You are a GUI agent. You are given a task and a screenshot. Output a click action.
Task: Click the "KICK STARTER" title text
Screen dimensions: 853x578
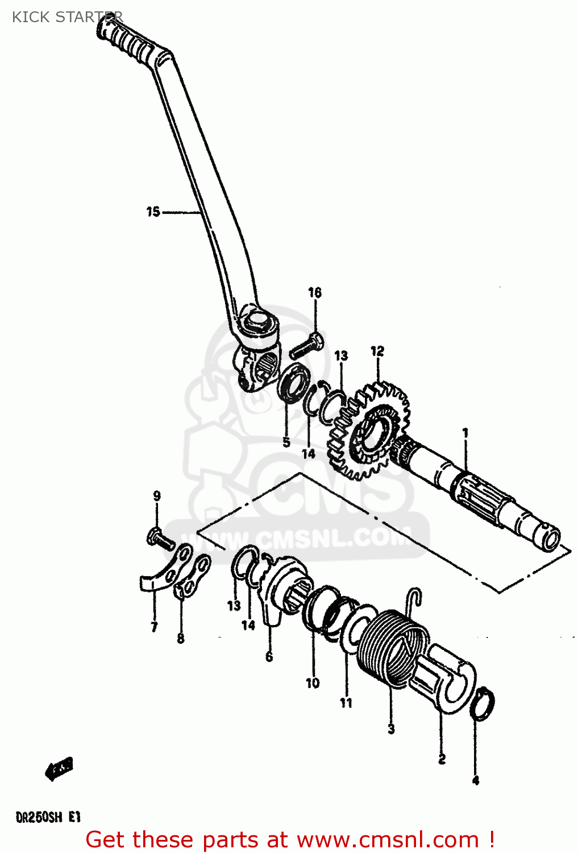pyautogui.click(x=67, y=17)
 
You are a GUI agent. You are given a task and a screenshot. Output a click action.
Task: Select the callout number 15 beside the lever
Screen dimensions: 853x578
pyautogui.click(x=153, y=212)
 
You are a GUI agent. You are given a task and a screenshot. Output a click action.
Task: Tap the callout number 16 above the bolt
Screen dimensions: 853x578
pyautogui.click(x=315, y=293)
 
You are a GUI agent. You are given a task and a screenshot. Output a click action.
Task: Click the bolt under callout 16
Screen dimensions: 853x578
pyautogui.click(x=306, y=345)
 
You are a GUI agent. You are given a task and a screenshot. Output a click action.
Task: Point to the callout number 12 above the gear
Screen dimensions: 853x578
pyautogui.click(x=377, y=351)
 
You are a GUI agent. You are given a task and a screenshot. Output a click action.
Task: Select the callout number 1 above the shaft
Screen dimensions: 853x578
pyautogui.click(x=465, y=433)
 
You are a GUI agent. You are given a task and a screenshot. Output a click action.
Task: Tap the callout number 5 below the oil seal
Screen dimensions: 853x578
pyautogui.click(x=286, y=442)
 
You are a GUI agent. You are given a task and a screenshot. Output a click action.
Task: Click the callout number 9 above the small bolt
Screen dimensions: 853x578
pyautogui.click(x=157, y=496)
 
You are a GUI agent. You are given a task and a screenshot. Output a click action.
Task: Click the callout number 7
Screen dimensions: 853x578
pyautogui.click(x=154, y=627)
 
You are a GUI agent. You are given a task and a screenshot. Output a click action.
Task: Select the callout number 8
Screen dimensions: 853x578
pyautogui.click(x=181, y=639)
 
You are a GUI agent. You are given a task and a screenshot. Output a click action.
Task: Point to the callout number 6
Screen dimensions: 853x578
pyautogui.click(x=269, y=657)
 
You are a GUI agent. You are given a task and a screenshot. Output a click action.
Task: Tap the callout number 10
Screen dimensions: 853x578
pyautogui.click(x=313, y=683)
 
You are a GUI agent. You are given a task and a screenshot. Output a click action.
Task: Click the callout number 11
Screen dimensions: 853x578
pyautogui.click(x=346, y=703)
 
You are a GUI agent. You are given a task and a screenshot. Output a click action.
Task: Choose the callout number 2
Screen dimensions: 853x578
pyautogui.click(x=442, y=759)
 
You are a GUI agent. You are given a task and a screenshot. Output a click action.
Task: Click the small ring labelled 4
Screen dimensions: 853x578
pyautogui.click(x=483, y=705)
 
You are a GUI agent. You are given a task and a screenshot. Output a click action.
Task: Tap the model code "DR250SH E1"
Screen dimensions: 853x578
pyautogui.click(x=48, y=818)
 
